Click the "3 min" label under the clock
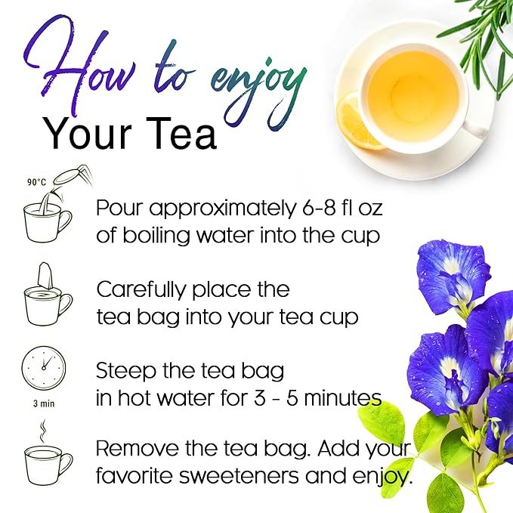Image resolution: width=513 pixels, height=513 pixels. [43, 403]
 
